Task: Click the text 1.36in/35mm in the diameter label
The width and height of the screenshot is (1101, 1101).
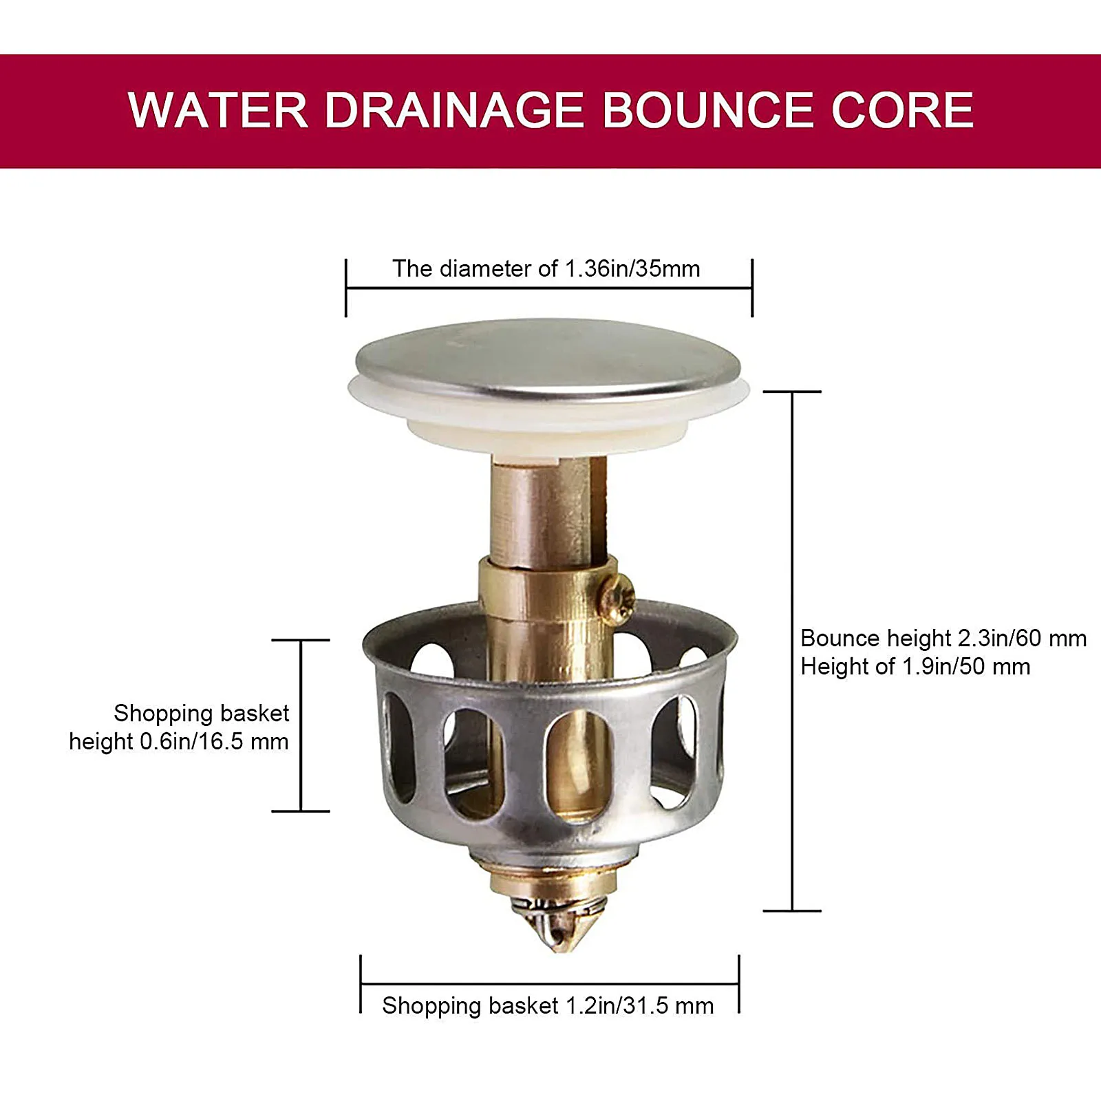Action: click(632, 268)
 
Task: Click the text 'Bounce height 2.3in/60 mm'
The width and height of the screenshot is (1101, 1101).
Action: click(943, 639)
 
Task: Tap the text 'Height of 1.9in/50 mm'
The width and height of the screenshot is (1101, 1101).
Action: click(915, 667)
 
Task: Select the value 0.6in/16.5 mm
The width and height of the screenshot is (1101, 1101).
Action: click(215, 742)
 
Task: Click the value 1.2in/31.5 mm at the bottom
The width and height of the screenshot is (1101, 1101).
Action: click(639, 1006)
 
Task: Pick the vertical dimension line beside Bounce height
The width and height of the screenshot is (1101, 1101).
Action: click(792, 650)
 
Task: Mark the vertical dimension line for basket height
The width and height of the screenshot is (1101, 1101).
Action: click(301, 725)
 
